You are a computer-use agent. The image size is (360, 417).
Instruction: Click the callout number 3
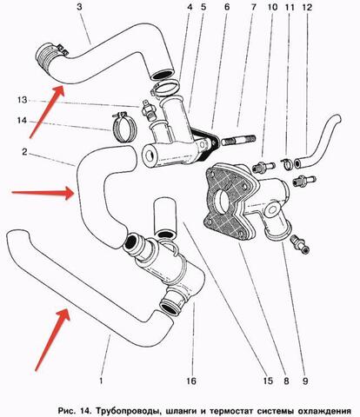click(x=79, y=7)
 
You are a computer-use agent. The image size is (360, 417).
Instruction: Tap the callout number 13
click(x=23, y=100)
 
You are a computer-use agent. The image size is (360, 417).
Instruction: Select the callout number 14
click(x=22, y=120)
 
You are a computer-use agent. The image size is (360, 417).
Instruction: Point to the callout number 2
click(x=24, y=151)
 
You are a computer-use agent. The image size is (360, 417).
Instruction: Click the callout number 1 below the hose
click(x=101, y=380)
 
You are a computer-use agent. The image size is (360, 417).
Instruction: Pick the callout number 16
click(x=191, y=381)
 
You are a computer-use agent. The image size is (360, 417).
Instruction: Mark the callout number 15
click(x=268, y=381)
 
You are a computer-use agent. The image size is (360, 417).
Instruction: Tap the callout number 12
click(x=307, y=7)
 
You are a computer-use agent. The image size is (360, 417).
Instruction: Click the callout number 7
click(x=254, y=7)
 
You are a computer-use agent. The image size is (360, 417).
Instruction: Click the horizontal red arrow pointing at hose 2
click(x=43, y=192)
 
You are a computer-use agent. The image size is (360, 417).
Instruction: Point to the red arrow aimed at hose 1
click(x=52, y=340)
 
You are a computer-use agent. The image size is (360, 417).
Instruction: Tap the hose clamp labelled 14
click(x=123, y=127)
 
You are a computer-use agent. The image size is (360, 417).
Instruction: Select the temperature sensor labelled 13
click(x=149, y=110)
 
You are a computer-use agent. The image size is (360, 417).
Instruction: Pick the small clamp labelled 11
click(x=288, y=164)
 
